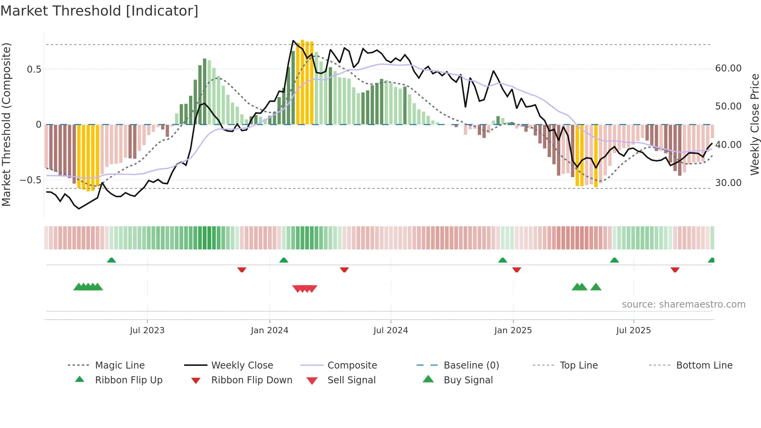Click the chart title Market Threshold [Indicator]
99,11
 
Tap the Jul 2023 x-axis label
147,331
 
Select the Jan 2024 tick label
269,331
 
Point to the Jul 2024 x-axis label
391,331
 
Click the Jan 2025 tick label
513,331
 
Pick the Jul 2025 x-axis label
633,331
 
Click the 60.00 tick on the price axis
728,68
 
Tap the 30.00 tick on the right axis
728,183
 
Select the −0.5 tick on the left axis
30,180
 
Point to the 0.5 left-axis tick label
34,70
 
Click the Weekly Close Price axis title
754,124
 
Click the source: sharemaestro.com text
683,304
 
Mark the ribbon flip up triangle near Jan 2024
284,260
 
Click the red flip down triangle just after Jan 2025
516,270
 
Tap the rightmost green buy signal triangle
596,287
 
